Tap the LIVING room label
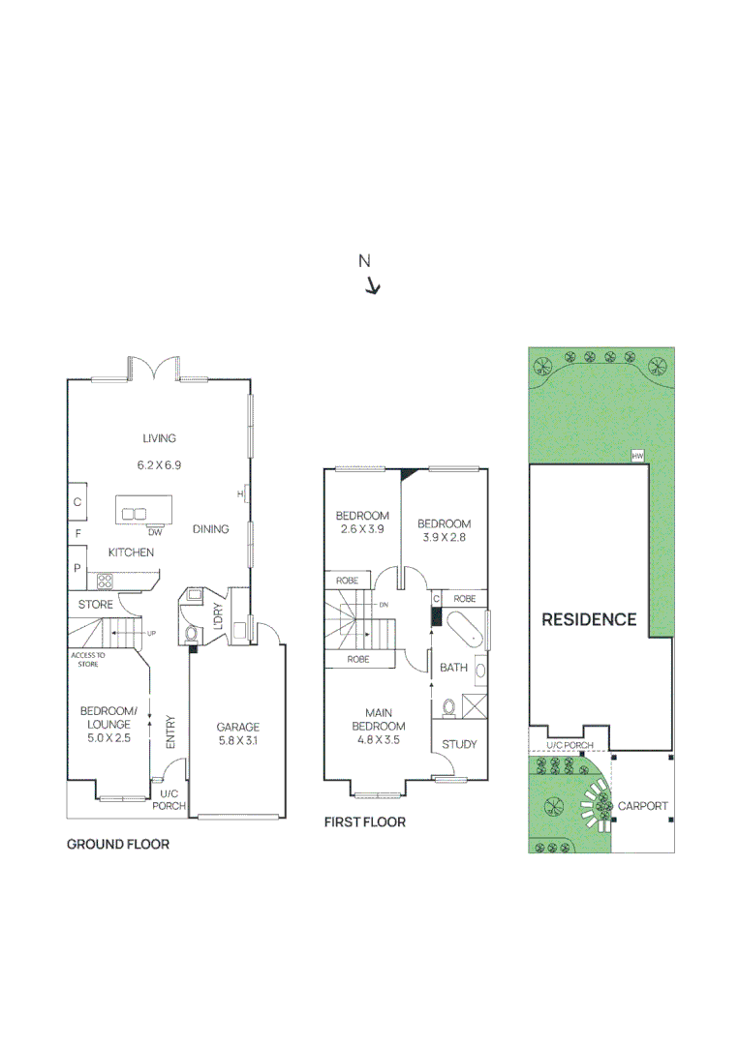point(159,438)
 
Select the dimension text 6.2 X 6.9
point(159,464)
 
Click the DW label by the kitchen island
point(155,532)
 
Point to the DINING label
point(210,529)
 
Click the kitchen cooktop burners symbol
point(104,581)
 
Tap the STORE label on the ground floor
point(96,605)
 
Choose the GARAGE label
point(237,728)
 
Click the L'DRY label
point(218,617)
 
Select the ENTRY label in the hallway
point(170,731)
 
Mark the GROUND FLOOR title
point(118,845)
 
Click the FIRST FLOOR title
point(365,822)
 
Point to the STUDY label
point(459,744)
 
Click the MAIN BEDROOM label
point(378,720)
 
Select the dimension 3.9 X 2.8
point(444,538)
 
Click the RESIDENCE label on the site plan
point(589,619)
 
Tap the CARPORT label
point(643,806)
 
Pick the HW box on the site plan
point(637,456)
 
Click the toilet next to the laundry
point(191,633)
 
